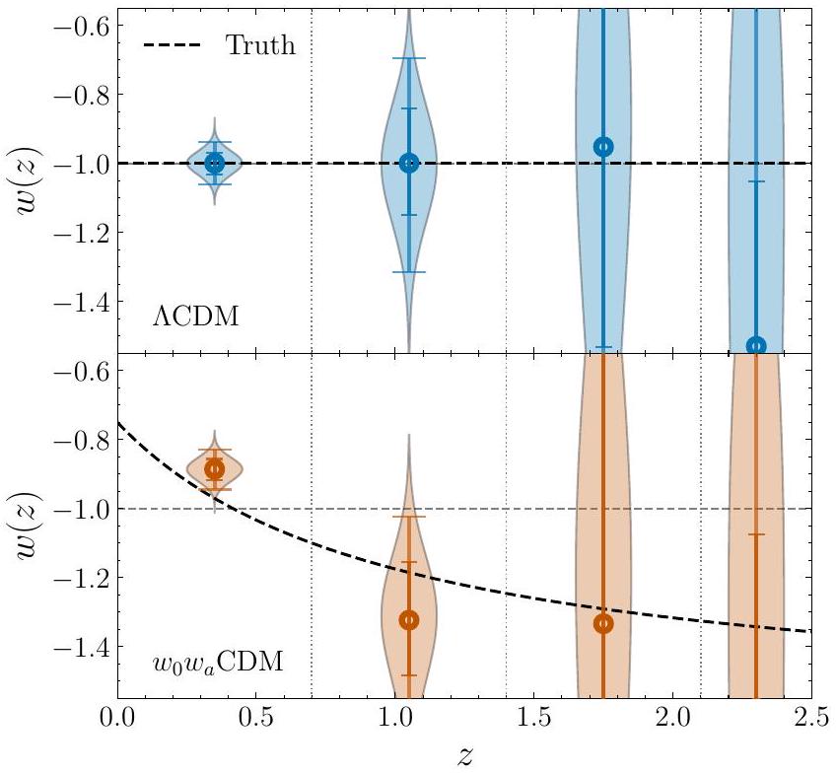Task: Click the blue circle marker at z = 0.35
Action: coord(214,163)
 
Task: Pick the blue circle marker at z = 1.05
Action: coord(409,163)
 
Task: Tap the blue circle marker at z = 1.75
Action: coord(603,146)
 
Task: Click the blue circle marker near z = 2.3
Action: coord(756,345)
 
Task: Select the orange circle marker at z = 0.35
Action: coord(214,469)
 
